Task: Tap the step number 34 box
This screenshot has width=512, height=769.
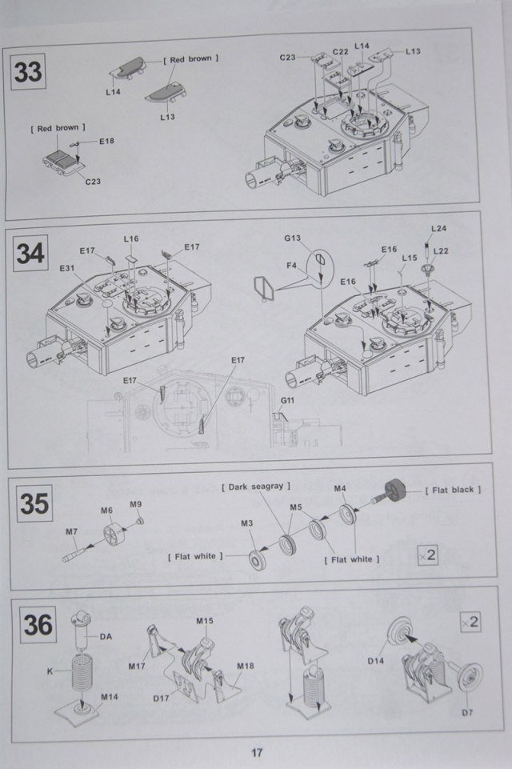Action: click(30, 253)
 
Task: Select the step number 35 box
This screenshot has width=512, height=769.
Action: click(34, 504)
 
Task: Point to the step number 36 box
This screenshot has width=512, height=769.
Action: click(38, 624)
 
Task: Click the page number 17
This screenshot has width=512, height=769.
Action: click(256, 753)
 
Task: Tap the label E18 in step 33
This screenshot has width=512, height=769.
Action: click(106, 142)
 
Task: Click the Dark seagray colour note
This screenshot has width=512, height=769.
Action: click(256, 486)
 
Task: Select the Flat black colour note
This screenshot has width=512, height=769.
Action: click(454, 490)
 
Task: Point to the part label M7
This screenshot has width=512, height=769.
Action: click(72, 531)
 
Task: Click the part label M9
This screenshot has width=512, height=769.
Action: click(136, 504)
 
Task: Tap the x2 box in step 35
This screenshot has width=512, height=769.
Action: click(428, 554)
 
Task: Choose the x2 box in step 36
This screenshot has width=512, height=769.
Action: click(470, 621)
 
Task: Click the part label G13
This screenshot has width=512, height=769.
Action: click(292, 238)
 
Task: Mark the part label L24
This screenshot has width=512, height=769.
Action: click(438, 229)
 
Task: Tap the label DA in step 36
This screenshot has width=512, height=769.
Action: click(105, 636)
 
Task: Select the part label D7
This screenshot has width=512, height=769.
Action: click(467, 712)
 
